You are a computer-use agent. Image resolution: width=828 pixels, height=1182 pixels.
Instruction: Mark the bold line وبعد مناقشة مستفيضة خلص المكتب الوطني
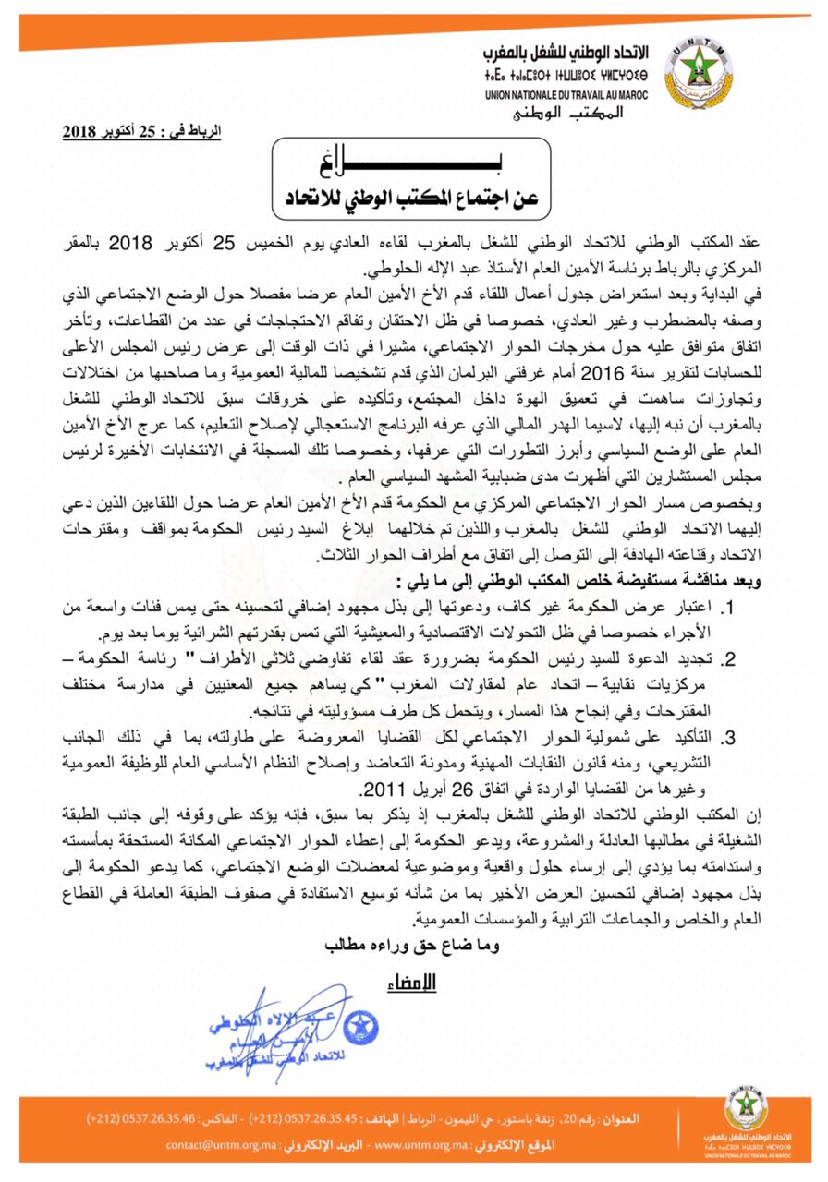tap(567, 585)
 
